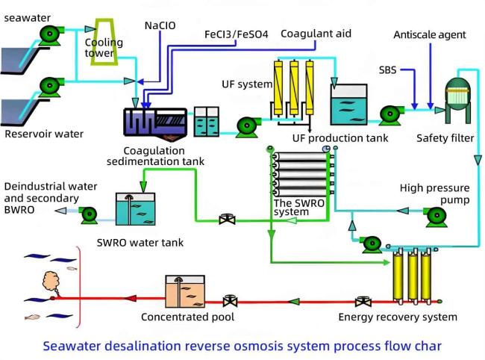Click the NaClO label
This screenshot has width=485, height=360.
160,25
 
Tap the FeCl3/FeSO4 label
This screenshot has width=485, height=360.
237,34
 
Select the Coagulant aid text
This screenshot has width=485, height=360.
316,34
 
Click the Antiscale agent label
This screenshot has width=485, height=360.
430,34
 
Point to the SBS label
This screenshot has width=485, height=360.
387,70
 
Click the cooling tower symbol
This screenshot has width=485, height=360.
104,42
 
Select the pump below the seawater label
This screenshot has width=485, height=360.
51,34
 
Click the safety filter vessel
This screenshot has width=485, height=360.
458,100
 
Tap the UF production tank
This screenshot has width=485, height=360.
349,105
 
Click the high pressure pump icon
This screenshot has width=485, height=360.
436,217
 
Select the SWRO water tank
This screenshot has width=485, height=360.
136,209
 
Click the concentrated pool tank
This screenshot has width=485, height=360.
185,291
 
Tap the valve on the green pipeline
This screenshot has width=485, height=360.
227,220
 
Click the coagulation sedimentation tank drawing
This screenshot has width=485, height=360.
155,124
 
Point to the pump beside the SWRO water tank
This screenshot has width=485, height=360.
89,214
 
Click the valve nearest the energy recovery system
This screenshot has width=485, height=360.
363,302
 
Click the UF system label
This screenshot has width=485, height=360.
247,84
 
